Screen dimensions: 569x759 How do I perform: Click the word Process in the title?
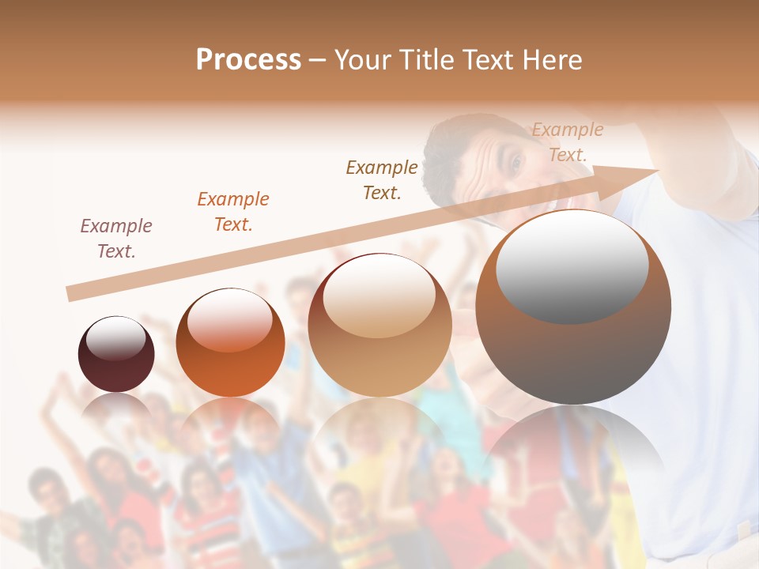click(248, 60)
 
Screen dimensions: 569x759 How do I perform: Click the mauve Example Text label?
click(116, 239)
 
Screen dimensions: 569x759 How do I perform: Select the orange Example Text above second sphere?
click(233, 212)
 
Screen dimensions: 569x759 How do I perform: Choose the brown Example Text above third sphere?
click(382, 179)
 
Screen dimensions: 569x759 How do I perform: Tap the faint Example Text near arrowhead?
click(568, 142)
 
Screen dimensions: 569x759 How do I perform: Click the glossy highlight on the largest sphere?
click(572, 266)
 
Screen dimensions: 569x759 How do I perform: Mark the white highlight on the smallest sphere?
click(116, 337)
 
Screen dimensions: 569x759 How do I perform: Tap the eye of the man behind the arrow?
click(517, 163)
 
